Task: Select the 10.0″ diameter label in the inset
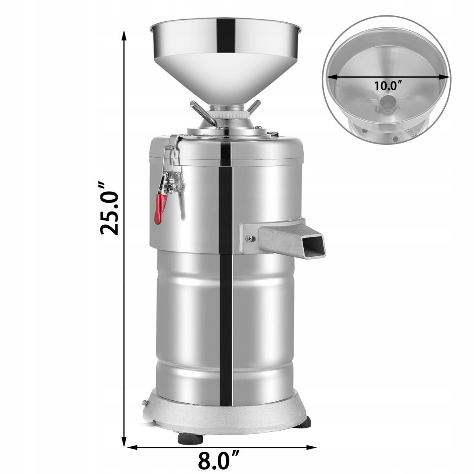point(388,86)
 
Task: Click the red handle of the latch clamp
point(160,209)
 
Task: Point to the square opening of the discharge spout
point(314,246)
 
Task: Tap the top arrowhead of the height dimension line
point(124,36)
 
